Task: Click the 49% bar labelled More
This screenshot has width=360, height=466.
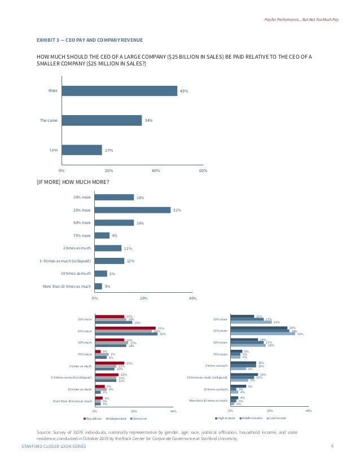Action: [x=119, y=91]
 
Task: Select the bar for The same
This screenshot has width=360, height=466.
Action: [x=102, y=120]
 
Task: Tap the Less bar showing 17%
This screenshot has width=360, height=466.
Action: [x=81, y=150]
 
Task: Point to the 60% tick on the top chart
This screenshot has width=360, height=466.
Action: [x=203, y=170]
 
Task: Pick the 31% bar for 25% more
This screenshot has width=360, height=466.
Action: [x=133, y=210]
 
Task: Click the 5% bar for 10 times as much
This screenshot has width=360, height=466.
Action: [x=101, y=274]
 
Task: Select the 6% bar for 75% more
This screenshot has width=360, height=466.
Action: [x=102, y=235]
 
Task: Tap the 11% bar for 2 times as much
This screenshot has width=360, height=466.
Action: [x=108, y=248]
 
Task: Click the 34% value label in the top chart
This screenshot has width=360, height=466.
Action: [x=149, y=120]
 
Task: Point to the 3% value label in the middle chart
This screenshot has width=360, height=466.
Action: [x=107, y=287]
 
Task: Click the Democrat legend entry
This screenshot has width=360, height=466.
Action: [x=138, y=418]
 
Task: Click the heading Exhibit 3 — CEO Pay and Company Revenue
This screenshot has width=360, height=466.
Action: [x=89, y=40]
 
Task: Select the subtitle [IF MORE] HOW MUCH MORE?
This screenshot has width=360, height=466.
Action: [x=73, y=182]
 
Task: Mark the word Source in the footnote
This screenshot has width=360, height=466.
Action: [x=43, y=432]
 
